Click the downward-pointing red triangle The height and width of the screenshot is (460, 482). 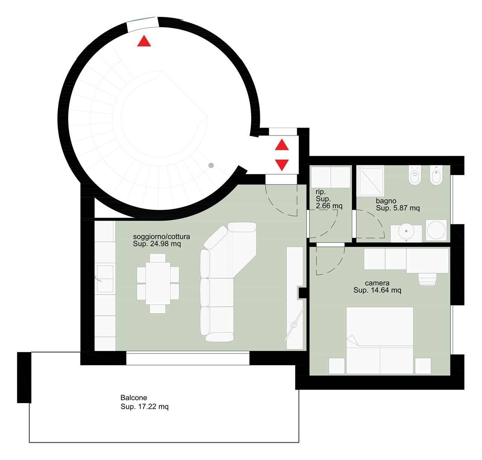[x=282, y=165]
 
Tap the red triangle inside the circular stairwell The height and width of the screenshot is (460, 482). [x=144, y=41]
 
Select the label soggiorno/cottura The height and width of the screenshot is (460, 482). [x=162, y=237]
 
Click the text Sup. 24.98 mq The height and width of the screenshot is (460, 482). [x=157, y=244]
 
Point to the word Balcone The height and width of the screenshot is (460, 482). [x=134, y=398]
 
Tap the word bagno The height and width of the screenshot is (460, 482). [x=386, y=201]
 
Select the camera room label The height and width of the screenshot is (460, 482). [x=377, y=283]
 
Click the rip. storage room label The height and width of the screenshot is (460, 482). [x=320, y=192]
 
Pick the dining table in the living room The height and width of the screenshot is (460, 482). [x=158, y=283]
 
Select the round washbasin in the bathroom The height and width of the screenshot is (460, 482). [x=406, y=231]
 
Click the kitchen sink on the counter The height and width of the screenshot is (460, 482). [x=105, y=279]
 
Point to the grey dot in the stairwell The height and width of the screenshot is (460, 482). [x=211, y=165]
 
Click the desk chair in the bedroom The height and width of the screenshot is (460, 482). [x=428, y=279]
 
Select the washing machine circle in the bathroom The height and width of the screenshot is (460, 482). [x=436, y=230]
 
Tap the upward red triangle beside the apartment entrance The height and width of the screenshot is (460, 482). [x=282, y=145]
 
